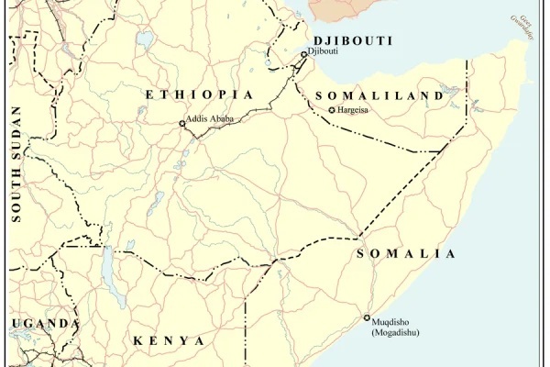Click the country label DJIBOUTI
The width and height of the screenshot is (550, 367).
(353, 41)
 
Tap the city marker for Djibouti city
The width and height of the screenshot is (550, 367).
(304, 54)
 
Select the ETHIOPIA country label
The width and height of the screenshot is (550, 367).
(198, 95)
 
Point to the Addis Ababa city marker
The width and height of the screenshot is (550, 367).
(181, 124)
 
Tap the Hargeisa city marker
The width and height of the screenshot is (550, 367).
(332, 110)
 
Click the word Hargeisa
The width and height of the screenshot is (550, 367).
(354, 110)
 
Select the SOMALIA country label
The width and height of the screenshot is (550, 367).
(405, 254)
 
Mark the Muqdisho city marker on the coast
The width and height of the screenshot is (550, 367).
(367, 318)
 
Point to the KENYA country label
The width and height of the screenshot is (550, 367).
(169, 340)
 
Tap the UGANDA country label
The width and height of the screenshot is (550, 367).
(43, 324)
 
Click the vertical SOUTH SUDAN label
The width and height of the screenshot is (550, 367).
(16, 165)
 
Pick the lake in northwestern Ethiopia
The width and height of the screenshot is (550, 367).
(144, 39)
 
